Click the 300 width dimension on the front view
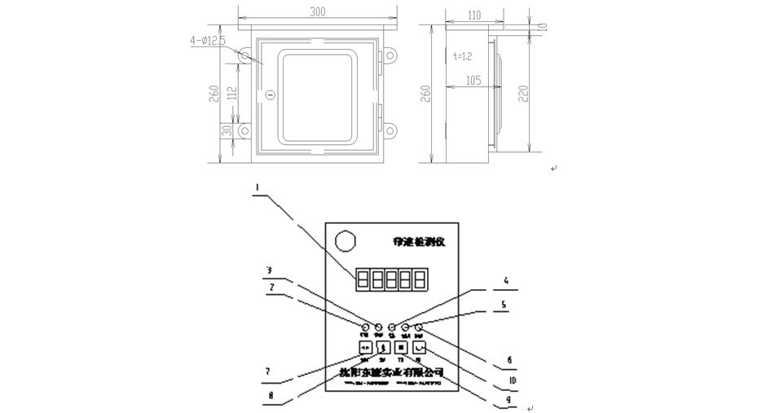317,13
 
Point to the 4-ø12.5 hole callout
206,38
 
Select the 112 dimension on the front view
232,94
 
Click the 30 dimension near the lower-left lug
228,130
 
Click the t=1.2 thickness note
462,56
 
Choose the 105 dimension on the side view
473,80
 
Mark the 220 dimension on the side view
524,94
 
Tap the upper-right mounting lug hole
392,58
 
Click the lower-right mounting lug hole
392,130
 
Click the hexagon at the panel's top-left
345,242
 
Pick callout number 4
505,282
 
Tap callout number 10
511,380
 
